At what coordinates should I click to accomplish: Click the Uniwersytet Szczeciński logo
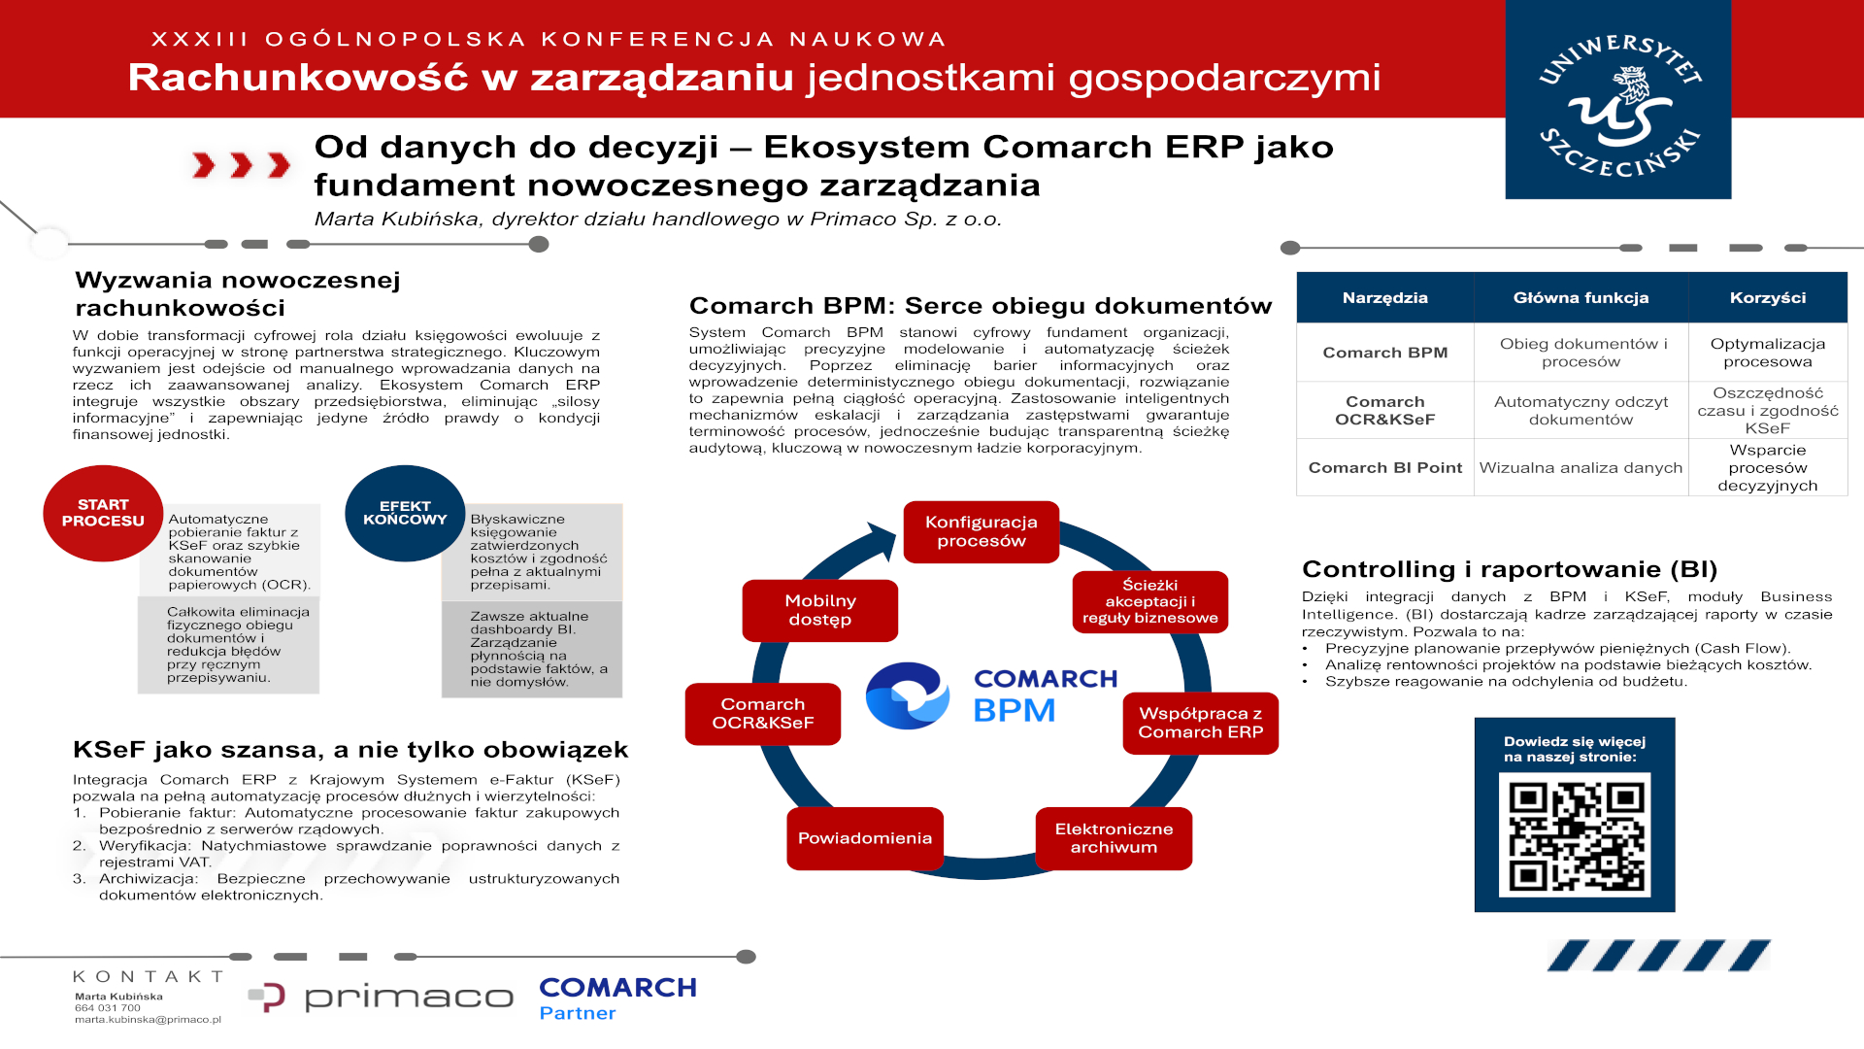[1617, 100]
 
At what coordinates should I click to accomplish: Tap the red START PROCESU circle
[103, 513]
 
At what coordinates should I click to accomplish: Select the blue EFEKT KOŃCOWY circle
[405, 513]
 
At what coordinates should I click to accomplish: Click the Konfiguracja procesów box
[981, 531]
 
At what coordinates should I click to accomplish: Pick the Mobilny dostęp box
[819, 610]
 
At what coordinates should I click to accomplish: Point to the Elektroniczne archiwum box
[1114, 838]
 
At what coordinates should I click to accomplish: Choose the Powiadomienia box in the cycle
[865, 838]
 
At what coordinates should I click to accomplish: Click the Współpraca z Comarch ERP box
[1200, 723]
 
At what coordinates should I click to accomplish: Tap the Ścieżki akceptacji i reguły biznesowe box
[1150, 601]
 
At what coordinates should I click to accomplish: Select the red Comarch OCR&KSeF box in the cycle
[763, 714]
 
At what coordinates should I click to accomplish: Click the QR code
[1575, 834]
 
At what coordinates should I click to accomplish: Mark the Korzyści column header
[1768, 297]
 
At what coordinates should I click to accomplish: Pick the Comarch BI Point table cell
[1385, 467]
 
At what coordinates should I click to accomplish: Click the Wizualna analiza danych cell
[1581, 467]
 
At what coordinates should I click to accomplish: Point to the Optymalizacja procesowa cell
[1768, 353]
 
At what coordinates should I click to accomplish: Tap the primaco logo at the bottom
[381, 998]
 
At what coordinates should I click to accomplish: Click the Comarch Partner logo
[617, 998]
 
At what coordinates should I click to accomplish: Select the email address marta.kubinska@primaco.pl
[148, 1020]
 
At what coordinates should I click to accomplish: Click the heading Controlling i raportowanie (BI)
[1510, 569]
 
